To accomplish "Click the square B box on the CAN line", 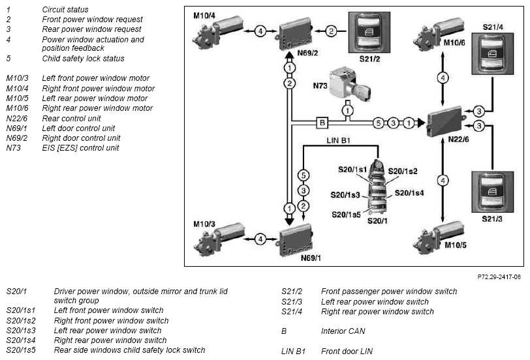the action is tap(322, 122).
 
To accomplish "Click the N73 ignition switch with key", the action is tap(349, 83).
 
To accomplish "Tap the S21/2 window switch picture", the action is tap(369, 33).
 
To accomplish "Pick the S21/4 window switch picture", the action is tap(493, 53).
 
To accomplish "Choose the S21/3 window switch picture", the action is tap(493, 192).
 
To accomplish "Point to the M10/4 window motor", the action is tap(217, 33).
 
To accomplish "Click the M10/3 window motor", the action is tap(219, 239).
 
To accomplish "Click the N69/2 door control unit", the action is tap(294, 33).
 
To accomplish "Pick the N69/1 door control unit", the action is tap(295, 240).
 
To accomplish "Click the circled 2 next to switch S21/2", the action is tap(332, 31).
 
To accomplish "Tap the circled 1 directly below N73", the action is tap(347, 110).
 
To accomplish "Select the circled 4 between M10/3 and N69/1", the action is tap(260, 239).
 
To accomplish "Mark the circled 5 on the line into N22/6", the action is tap(378, 123).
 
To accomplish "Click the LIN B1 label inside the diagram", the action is tap(338, 140).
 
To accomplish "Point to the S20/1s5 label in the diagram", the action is tap(346, 215).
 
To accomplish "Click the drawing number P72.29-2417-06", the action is tap(499, 277).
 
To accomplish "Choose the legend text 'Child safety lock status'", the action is tap(83, 59).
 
